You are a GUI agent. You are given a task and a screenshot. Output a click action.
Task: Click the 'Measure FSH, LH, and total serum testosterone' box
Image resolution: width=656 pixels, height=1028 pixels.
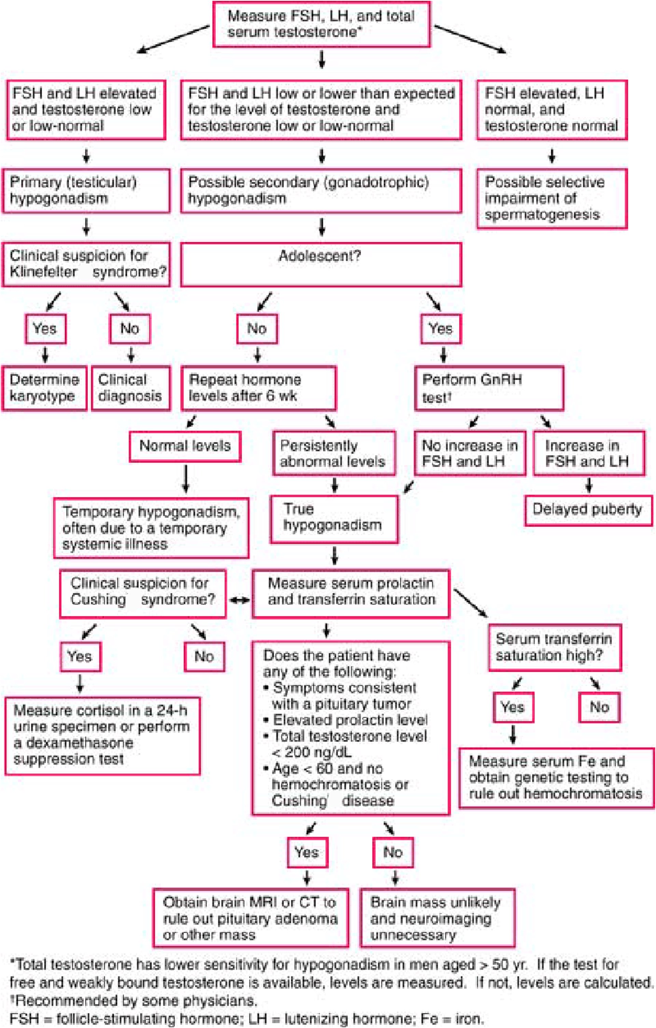pos(321,24)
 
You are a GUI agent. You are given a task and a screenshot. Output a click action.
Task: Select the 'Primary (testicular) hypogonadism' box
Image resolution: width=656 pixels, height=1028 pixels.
pos(86,190)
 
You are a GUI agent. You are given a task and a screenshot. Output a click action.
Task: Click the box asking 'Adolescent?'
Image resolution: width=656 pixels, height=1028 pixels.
pos(321,264)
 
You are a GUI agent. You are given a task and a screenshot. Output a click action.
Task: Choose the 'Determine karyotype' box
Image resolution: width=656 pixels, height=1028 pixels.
pos(44,388)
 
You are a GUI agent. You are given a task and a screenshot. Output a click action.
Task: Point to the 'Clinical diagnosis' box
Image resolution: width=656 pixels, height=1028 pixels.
pos(130,388)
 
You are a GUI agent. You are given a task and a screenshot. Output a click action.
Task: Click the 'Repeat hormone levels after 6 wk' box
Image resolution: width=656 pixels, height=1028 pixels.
pos(259,388)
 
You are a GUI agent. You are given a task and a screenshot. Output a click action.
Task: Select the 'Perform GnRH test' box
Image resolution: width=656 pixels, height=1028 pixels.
pos(489,388)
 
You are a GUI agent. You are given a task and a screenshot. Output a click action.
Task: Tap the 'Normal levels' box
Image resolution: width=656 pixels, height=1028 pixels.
pos(185,446)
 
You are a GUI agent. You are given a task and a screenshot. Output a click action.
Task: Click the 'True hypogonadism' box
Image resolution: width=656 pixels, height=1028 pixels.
pos(333,519)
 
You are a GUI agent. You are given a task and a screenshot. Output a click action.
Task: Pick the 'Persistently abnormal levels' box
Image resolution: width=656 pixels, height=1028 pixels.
pos(333,453)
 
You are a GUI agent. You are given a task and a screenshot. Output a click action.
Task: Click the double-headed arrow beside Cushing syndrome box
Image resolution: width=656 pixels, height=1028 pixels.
pos(239,600)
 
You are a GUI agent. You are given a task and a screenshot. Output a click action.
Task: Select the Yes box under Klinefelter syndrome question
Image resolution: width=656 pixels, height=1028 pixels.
pos(45,329)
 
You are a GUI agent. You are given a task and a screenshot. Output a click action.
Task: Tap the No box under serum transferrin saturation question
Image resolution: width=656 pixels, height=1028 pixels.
pos(599,707)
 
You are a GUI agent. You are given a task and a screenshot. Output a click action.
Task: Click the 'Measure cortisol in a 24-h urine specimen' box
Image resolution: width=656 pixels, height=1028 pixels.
pos(102,735)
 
